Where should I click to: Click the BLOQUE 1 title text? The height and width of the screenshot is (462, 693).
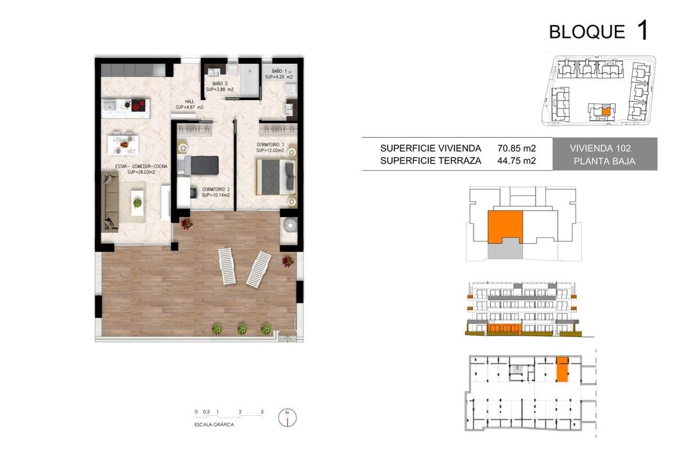pos(599,31)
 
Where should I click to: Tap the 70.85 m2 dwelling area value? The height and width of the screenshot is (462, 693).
pos(516,148)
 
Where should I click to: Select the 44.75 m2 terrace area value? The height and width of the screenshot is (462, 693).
pos(516,160)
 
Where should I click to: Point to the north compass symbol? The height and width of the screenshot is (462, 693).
pos(287,417)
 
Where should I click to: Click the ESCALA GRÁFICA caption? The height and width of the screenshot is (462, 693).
pos(214,425)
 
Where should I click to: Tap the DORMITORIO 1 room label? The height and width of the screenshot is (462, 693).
pos(271,144)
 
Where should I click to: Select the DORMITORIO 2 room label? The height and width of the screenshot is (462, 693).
pos(216,190)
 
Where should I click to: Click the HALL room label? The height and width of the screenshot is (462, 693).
pos(189,101)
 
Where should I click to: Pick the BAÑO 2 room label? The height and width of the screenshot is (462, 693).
pos(219,83)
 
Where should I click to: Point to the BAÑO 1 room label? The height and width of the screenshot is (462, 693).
pos(279,71)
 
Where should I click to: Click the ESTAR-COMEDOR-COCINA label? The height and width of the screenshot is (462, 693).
pos(141,167)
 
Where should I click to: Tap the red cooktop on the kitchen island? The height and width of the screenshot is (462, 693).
pos(139,105)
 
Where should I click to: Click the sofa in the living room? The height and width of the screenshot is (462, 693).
pos(110,203)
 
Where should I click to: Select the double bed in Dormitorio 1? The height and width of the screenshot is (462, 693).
pos(276,177)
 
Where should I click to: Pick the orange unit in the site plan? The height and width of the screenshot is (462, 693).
pos(606,112)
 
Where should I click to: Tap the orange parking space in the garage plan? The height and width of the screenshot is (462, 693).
pos(562,369)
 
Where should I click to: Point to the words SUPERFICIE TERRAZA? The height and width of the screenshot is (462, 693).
pos(431,161)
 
